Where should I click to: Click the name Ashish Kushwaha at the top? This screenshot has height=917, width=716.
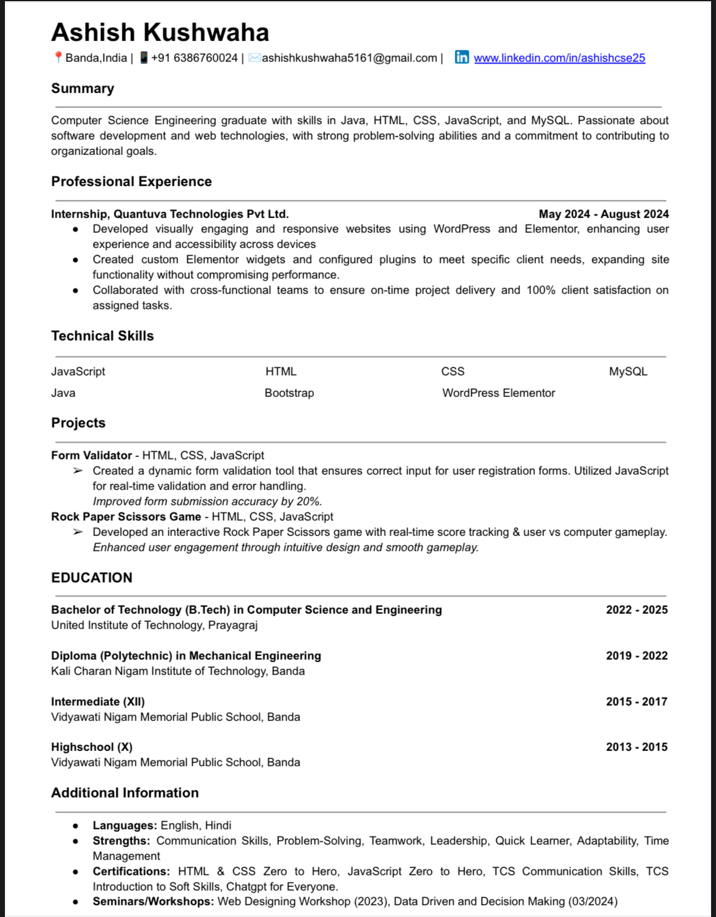[x=160, y=32]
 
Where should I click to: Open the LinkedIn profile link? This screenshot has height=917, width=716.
[x=559, y=58]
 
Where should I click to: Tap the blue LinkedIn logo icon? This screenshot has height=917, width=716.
[x=462, y=58]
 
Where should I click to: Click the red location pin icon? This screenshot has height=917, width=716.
[x=58, y=58]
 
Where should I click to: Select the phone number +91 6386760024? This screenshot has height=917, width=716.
[x=194, y=58]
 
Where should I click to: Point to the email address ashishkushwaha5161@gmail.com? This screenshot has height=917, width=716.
[x=349, y=58]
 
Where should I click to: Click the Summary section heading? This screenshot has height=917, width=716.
[x=83, y=89]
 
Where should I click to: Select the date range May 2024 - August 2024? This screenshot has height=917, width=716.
[x=603, y=214]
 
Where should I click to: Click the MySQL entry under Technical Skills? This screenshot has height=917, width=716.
[x=628, y=372]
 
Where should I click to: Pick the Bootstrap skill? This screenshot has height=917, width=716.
[x=289, y=393]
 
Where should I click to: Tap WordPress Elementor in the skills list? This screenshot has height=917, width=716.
[x=498, y=393]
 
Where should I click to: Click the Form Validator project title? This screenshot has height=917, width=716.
[x=92, y=456]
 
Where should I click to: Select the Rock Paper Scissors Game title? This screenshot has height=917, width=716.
[x=126, y=517]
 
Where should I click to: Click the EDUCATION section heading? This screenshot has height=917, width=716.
[x=92, y=578]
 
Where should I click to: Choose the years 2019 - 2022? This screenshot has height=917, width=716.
[x=636, y=656]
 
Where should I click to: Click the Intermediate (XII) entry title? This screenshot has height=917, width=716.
[x=98, y=702]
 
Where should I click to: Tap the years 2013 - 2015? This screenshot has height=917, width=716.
[x=636, y=747]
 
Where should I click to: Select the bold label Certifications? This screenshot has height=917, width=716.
[x=131, y=872]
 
